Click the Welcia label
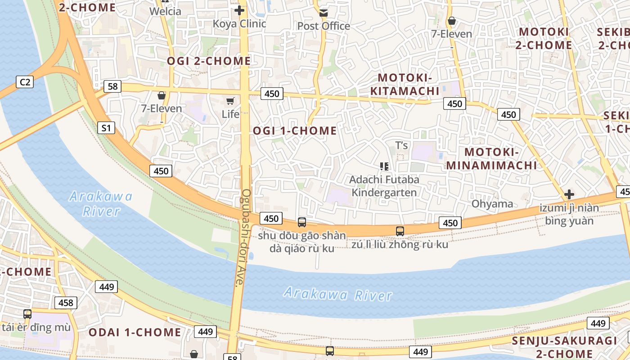165,11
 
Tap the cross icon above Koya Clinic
239,10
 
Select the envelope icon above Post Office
324,13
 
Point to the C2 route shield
25,82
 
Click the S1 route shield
106,128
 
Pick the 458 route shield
66,303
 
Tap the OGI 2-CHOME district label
209,61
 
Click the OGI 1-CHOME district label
295,130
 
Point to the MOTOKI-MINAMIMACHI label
491,158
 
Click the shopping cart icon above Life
230,101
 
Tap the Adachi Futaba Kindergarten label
384,186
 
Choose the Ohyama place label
492,204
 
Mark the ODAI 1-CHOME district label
135,333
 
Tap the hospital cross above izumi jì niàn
569,194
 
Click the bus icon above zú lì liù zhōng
400,231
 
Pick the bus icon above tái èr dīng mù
27,314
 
